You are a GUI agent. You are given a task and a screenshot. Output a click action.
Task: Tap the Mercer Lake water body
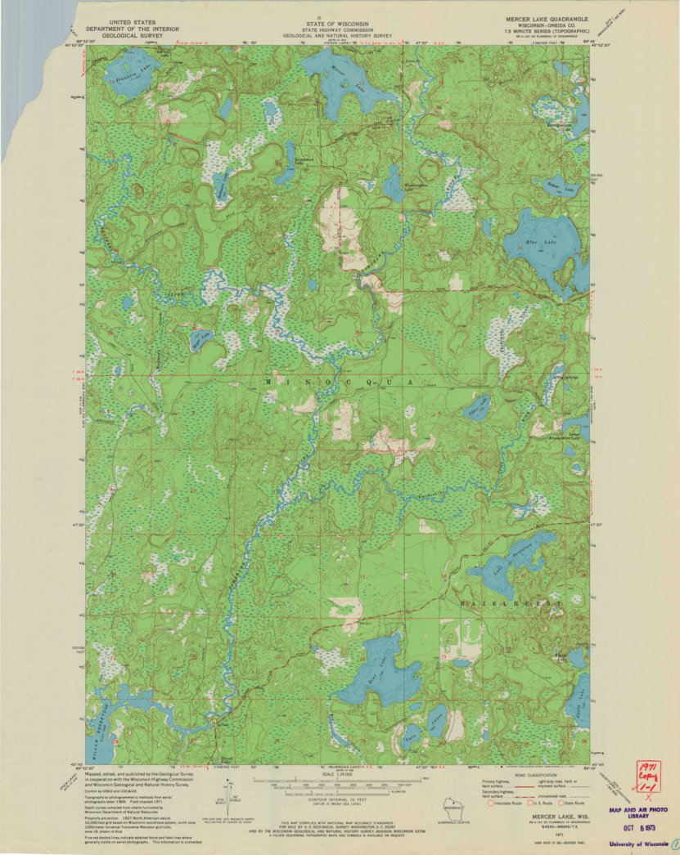pyautogui.click(x=335, y=78)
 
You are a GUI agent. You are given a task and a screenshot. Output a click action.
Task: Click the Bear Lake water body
pyautogui.click(x=376, y=674)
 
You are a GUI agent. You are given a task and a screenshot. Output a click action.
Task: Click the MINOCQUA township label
pyautogui.click(x=344, y=382)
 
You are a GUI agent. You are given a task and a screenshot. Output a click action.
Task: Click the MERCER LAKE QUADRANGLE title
pyautogui.click(x=547, y=16)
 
